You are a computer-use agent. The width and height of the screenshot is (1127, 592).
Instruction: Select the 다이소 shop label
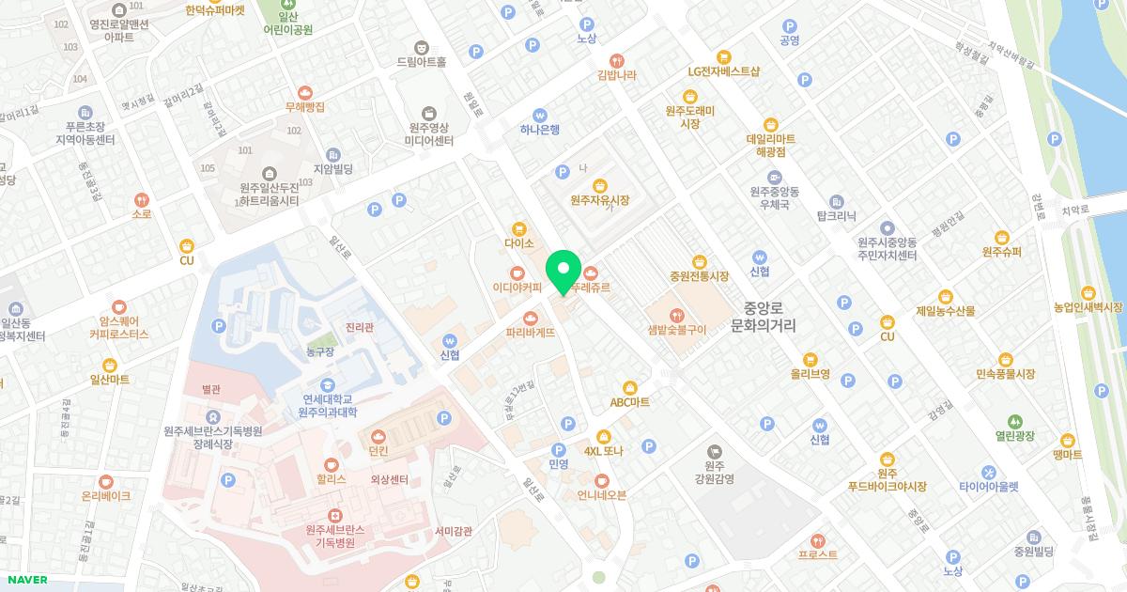point(518,242)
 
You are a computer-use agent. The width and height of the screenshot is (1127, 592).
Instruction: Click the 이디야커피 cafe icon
point(517,273)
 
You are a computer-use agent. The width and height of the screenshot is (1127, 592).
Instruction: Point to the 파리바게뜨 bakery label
point(531,333)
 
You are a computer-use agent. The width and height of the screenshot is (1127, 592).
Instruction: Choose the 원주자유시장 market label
point(599,200)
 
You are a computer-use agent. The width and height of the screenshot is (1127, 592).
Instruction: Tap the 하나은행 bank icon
point(540,115)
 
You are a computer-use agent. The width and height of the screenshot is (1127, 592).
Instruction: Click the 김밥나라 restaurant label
point(617,74)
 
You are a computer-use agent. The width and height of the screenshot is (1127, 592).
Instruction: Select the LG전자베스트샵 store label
point(723,71)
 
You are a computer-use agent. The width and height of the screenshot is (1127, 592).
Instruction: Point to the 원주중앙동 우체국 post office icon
point(774,177)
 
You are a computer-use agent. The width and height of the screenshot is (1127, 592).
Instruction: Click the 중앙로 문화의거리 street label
point(763,316)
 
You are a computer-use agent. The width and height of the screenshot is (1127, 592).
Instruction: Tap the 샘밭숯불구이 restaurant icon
point(676,315)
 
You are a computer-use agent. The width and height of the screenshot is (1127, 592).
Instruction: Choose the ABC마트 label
point(629,401)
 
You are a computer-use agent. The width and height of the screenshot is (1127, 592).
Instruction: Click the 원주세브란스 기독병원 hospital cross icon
point(333,515)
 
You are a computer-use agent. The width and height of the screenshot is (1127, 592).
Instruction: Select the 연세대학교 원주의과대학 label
point(327,405)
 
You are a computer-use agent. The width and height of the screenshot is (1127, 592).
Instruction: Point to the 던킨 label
point(378,451)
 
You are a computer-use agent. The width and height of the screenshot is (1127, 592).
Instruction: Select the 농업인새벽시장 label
point(1088,307)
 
